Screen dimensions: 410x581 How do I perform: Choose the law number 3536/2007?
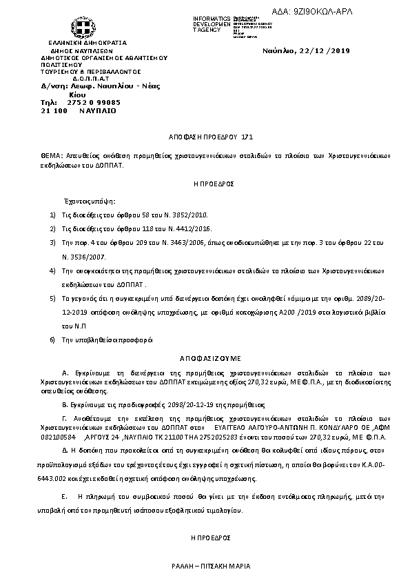tap(80, 255)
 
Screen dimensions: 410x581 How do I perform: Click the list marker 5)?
tap(53, 299)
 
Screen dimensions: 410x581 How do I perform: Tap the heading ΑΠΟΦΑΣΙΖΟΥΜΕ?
tap(205, 359)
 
